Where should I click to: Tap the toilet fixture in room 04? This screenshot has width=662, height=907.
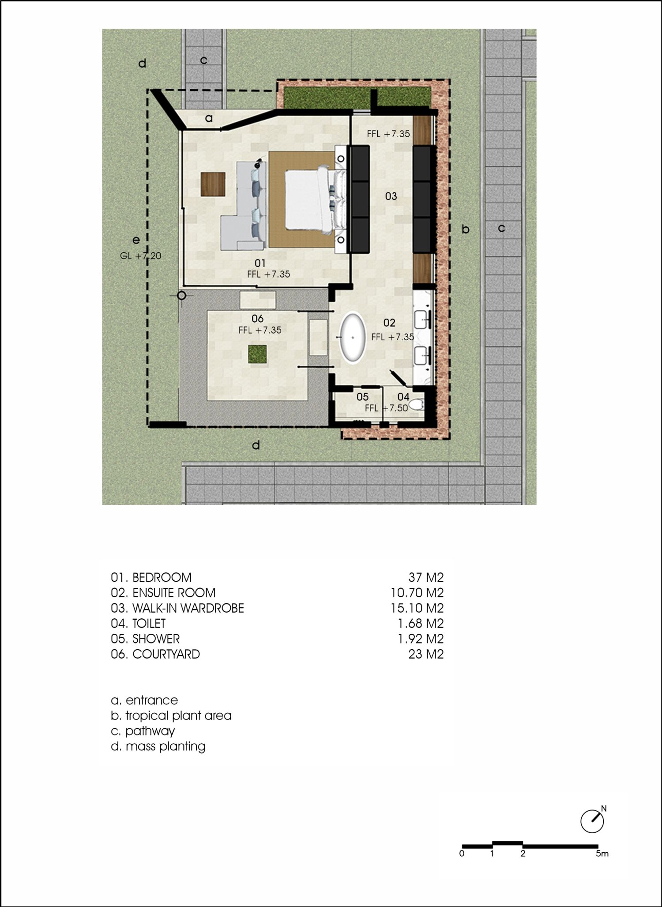coord(416,404)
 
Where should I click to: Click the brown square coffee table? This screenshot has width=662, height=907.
coord(213,184)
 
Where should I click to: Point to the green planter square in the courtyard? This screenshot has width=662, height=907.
coord(257,354)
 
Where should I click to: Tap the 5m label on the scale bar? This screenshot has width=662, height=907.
coord(602,854)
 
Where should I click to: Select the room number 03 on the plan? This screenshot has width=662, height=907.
coord(391,196)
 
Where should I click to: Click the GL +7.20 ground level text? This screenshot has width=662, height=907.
coord(140,256)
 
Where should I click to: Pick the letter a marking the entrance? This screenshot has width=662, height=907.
coord(209,118)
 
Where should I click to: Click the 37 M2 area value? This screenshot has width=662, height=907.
coord(426,577)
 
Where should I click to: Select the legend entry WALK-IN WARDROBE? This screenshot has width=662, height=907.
coord(188,608)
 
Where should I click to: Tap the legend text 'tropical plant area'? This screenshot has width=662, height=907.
coord(178,715)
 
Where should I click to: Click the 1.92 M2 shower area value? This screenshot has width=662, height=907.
coord(421,639)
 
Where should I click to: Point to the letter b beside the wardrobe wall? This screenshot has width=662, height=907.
coord(466,229)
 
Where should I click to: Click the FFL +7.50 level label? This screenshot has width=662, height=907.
coord(386,408)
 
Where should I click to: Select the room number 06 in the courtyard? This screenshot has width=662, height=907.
coord(257,319)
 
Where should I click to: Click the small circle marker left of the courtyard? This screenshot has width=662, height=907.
coord(181,296)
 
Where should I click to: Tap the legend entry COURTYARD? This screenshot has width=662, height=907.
coord(166,654)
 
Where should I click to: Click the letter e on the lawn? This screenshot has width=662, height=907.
coord(136,240)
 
